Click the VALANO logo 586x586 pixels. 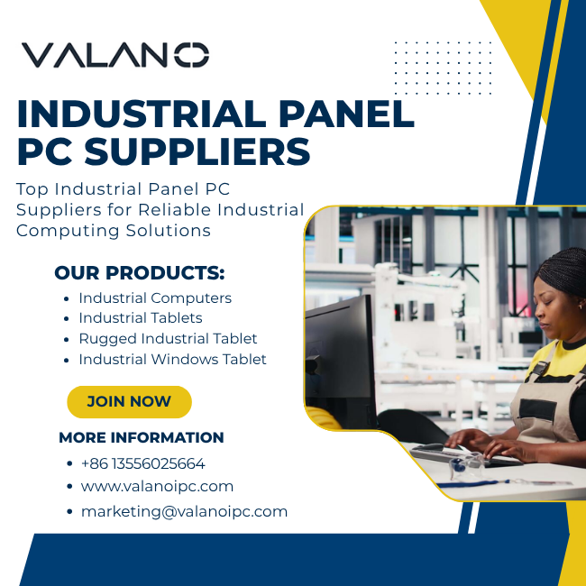(x=115, y=55)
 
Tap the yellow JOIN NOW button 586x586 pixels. (x=129, y=402)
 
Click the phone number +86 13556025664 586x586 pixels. (x=142, y=463)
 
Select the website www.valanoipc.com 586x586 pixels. (x=157, y=487)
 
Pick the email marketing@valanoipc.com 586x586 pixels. (x=184, y=512)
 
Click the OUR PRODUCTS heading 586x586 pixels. (x=140, y=273)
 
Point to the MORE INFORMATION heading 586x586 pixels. (x=142, y=437)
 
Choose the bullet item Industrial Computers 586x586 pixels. (x=155, y=298)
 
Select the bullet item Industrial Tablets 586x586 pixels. (x=141, y=318)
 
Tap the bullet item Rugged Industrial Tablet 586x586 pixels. (x=168, y=339)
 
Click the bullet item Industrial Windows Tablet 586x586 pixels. (x=173, y=359)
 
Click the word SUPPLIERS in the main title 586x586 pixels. (x=197, y=151)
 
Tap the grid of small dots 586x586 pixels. (x=443, y=68)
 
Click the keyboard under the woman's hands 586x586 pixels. (x=463, y=455)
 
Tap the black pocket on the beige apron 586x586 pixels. (x=537, y=409)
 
